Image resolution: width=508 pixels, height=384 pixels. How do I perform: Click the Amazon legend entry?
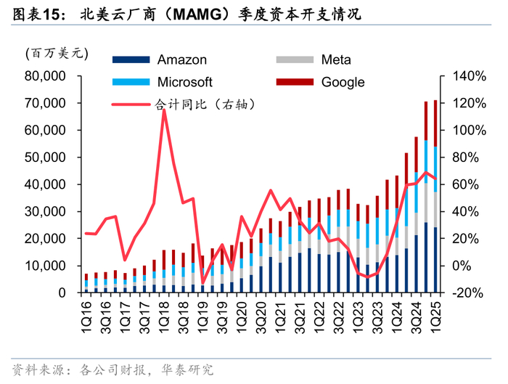click(181, 60)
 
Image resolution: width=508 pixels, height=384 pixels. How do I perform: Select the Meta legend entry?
click(336, 60)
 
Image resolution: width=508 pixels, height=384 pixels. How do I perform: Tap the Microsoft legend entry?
click(185, 82)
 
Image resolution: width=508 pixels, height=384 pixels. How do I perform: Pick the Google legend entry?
click(343, 82)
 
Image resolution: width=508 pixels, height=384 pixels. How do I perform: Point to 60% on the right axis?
click(468, 184)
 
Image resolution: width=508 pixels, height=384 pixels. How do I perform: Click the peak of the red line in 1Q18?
click(164, 110)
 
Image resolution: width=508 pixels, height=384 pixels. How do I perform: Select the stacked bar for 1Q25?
click(435, 196)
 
